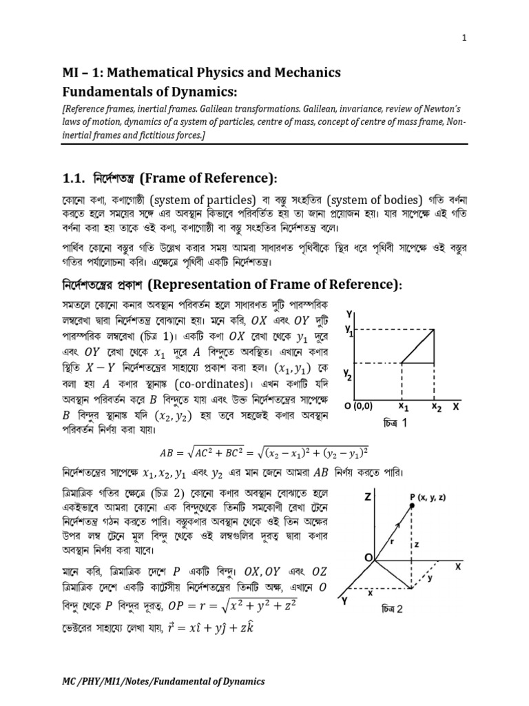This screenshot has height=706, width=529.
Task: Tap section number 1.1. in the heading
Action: pyautogui.click(x=75, y=179)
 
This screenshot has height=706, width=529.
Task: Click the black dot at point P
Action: pyautogui.click(x=412, y=506)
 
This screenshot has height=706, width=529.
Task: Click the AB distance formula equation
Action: pyautogui.click(x=264, y=452)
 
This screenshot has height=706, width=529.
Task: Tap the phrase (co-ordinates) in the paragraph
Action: pyautogui.click(x=215, y=383)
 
